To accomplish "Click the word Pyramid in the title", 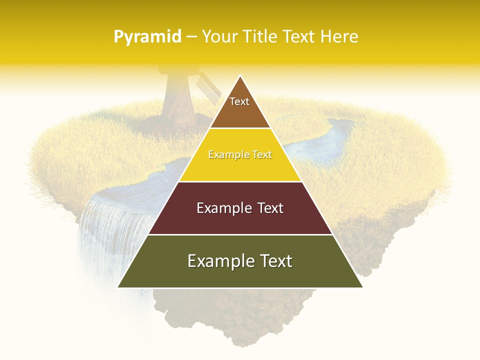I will (147, 37).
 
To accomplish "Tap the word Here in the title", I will (339, 36).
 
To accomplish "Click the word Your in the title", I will (218, 36).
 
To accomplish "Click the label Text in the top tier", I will (239, 101).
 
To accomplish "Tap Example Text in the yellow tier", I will (240, 154).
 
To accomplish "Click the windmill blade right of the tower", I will (207, 85).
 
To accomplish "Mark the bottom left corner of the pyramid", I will (118, 287).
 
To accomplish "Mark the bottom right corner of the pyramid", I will (362, 287).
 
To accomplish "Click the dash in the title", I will (191, 37).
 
